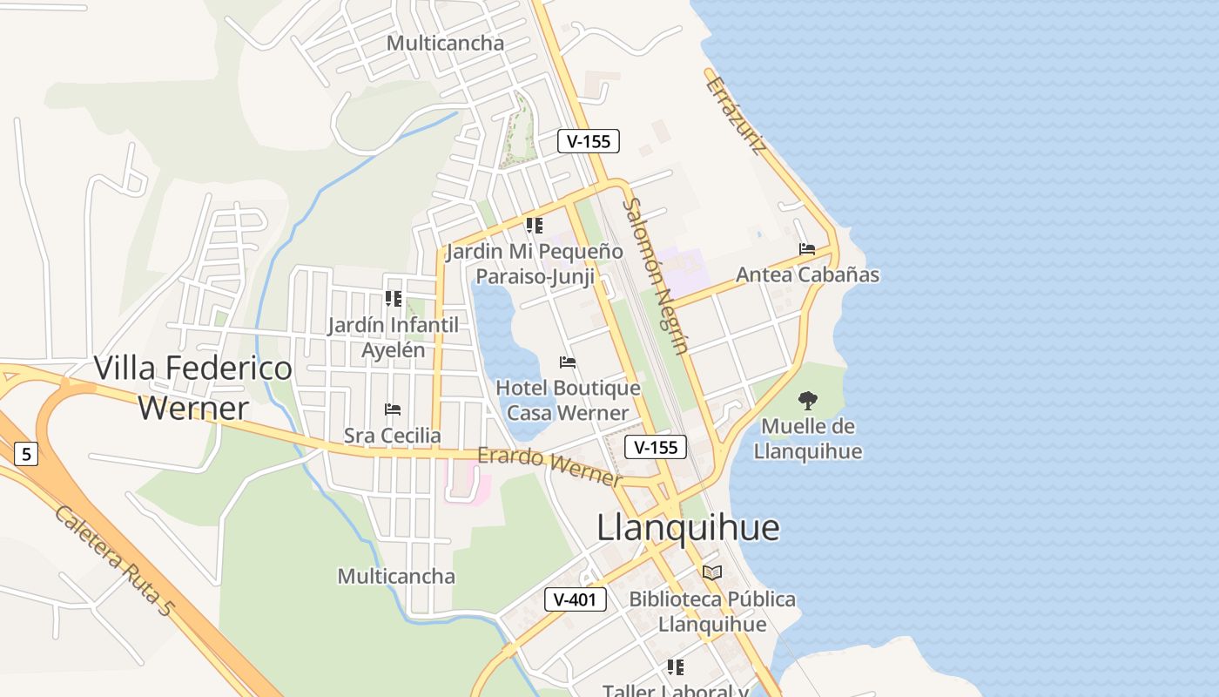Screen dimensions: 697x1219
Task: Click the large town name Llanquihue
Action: pyautogui.click(x=688, y=528)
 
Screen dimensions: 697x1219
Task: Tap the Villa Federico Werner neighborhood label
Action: pyautogui.click(x=193, y=388)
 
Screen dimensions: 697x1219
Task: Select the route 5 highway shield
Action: pyautogui.click(x=27, y=454)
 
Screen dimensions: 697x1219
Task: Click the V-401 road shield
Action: pyautogui.click(x=576, y=599)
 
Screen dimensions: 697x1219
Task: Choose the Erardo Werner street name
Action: pyautogui.click(x=550, y=467)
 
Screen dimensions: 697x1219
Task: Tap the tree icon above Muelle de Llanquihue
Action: pyautogui.click(x=808, y=401)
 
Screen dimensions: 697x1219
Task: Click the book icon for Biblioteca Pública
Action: pyautogui.click(x=712, y=572)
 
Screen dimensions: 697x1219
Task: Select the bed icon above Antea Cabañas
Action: pyautogui.click(x=807, y=249)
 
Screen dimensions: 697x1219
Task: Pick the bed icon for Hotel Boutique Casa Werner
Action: pyautogui.click(x=568, y=362)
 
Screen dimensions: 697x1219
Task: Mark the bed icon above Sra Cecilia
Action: pyautogui.click(x=393, y=409)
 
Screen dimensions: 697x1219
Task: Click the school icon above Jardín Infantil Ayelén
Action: pyautogui.click(x=394, y=299)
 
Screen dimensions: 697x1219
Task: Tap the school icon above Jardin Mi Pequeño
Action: pyautogui.click(x=535, y=226)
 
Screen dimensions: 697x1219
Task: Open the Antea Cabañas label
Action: pyautogui.click(x=807, y=275)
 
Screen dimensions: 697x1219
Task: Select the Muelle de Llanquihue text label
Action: pyautogui.click(x=808, y=439)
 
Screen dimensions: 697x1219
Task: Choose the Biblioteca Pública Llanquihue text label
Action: pyautogui.click(x=712, y=612)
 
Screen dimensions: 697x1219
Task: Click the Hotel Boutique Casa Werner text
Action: pyautogui.click(x=568, y=400)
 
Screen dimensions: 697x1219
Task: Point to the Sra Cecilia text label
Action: pyautogui.click(x=393, y=435)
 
